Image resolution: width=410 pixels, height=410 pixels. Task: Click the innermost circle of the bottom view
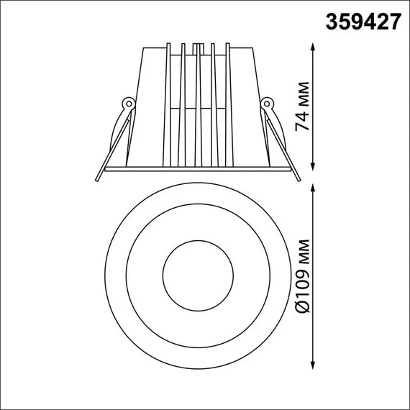(197, 277)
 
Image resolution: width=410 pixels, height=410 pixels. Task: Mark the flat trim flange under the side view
(197, 169)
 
